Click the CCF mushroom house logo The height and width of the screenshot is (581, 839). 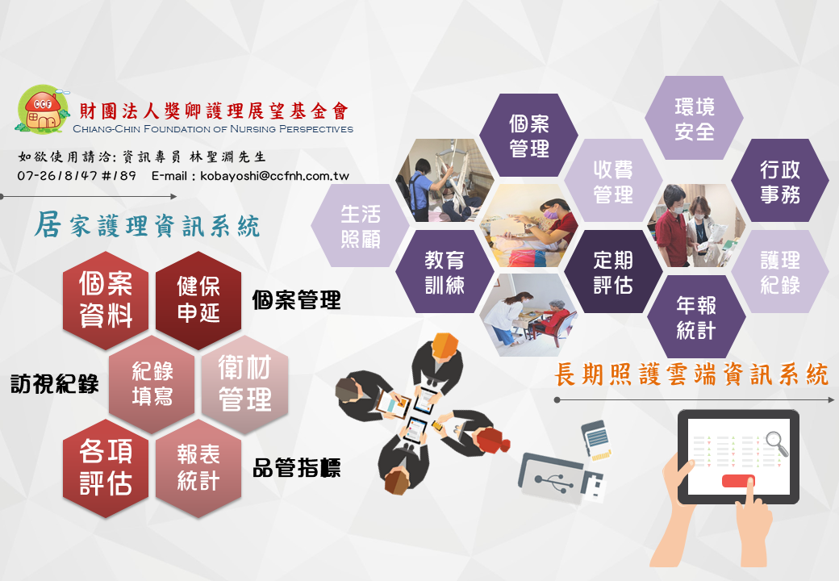(42, 110)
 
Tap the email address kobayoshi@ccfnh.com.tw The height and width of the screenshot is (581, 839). (274, 176)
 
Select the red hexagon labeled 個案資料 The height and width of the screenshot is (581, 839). (106, 300)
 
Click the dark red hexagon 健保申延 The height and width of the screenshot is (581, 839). (198, 300)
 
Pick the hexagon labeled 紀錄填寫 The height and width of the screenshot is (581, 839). (152, 384)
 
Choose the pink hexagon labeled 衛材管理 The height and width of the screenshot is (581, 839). (245, 384)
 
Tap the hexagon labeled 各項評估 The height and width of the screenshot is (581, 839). (106, 468)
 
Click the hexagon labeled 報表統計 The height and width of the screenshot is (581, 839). (198, 468)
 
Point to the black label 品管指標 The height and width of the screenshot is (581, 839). (296, 468)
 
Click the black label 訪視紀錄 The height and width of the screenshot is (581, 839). (55, 384)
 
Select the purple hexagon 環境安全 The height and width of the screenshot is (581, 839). (694, 119)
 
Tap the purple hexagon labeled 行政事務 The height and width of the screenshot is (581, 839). (779, 181)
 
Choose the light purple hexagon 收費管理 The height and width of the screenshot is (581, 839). (613, 181)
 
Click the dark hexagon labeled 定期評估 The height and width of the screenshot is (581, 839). (613, 272)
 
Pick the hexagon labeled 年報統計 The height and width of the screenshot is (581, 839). (696, 316)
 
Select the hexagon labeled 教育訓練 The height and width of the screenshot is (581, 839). (445, 272)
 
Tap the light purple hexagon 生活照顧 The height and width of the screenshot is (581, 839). (360, 226)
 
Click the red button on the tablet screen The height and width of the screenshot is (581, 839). (738, 481)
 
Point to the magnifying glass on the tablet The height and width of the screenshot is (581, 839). (776, 443)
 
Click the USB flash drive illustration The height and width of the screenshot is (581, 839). (561, 479)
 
